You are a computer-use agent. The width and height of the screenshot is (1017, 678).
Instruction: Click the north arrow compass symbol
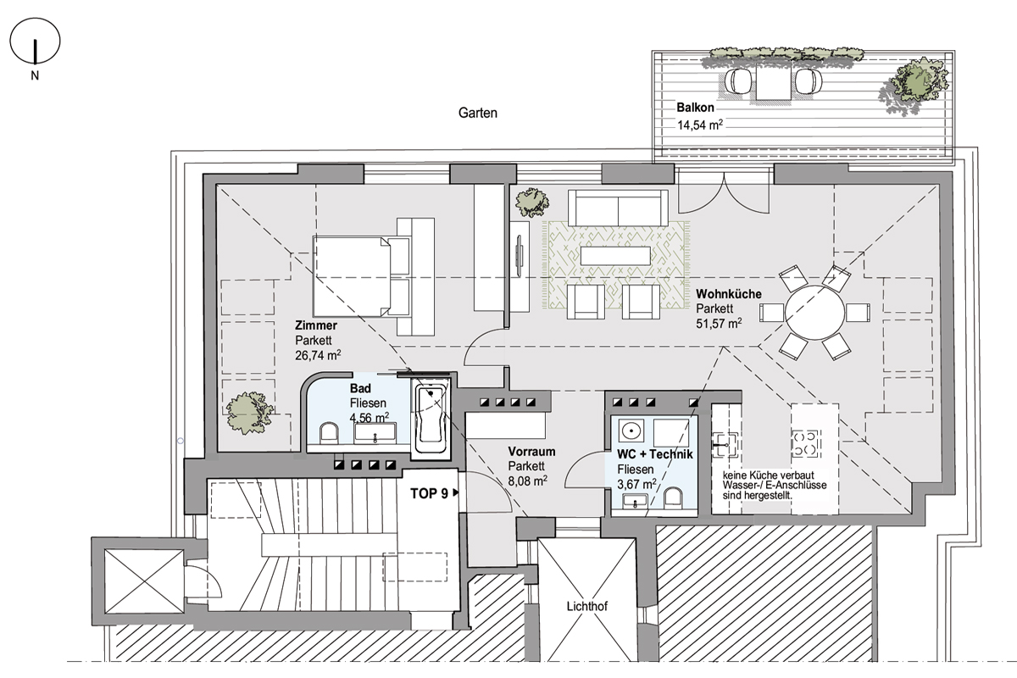(35, 41)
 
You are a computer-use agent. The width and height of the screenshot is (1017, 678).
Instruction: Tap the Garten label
(478, 113)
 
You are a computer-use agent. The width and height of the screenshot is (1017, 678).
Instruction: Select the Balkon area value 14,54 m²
(700, 125)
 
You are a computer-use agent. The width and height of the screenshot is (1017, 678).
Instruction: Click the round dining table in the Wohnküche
(815, 313)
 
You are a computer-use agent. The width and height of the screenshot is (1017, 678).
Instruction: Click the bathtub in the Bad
(431, 420)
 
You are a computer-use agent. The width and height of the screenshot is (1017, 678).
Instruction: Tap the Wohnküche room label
(729, 294)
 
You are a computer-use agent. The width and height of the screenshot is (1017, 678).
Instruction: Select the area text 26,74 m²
(318, 354)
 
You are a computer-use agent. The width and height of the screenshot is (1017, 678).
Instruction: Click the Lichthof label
(587, 606)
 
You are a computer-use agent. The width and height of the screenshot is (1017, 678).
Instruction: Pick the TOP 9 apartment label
(429, 493)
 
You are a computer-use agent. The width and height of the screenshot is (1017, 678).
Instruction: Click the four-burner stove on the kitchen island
(806, 444)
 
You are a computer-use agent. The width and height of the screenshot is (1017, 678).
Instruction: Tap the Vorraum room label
(531, 452)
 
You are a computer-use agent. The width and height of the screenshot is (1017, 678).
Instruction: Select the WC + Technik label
(655, 454)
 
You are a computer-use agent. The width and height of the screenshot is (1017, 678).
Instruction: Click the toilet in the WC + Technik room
(673, 498)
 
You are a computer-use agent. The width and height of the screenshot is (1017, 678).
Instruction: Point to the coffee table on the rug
(615, 255)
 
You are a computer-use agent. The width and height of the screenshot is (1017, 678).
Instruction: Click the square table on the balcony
(774, 81)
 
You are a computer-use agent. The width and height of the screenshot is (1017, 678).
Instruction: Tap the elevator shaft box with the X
(144, 581)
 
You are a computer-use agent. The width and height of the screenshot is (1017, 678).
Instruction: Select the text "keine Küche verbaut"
(768, 475)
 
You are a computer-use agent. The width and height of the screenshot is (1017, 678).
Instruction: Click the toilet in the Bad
(329, 433)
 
